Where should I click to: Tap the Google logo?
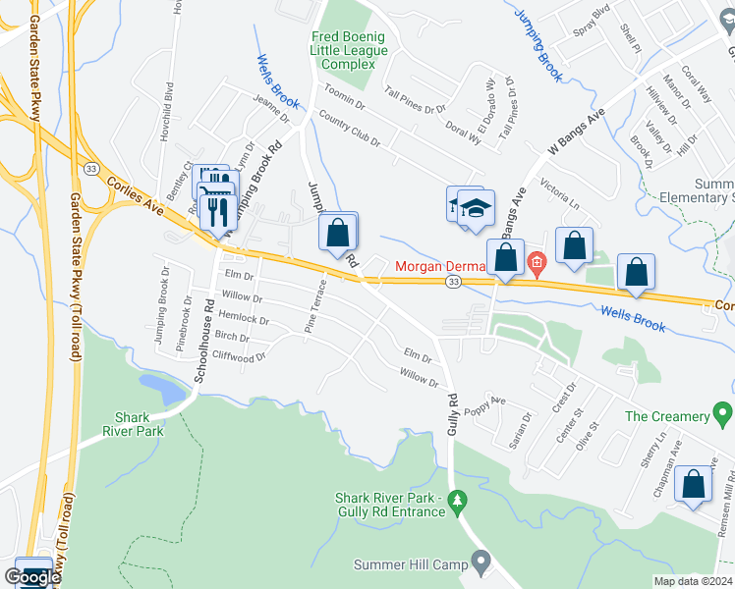32,576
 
